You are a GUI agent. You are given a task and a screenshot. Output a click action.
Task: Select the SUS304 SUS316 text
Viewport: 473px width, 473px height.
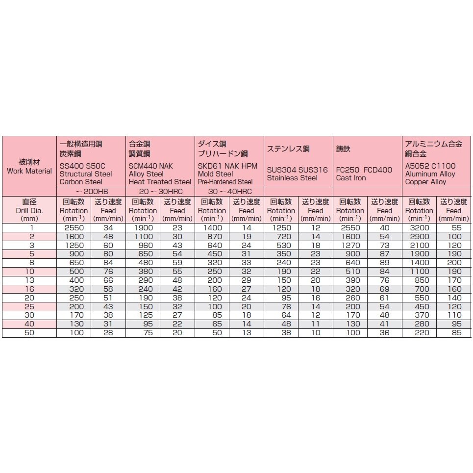(297, 170)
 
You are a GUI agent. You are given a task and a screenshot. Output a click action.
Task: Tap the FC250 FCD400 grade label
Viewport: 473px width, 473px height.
(364, 170)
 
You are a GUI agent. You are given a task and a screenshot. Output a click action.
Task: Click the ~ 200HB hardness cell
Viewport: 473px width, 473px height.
(91, 191)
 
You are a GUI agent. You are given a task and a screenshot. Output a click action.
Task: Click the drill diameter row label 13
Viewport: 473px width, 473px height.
(29, 280)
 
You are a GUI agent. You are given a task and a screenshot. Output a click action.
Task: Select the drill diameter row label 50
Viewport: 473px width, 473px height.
(29, 333)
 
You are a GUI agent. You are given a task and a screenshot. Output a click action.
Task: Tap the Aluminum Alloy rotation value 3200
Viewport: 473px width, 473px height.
(420, 228)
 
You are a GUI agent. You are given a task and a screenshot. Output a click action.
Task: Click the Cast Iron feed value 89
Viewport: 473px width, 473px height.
(385, 263)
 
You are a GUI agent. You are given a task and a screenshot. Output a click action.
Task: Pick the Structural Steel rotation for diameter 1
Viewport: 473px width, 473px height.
(74, 228)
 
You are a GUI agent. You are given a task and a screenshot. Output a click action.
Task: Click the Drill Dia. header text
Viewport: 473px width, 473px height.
(29, 210)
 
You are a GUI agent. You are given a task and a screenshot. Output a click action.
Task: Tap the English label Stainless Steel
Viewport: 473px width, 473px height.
(292, 178)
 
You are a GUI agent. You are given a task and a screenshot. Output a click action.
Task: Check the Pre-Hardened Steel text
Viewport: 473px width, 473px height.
(225, 182)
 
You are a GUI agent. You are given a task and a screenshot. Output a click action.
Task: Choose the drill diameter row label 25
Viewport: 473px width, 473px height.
(29, 306)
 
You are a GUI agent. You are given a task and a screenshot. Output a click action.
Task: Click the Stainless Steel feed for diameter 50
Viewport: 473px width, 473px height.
(315, 333)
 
